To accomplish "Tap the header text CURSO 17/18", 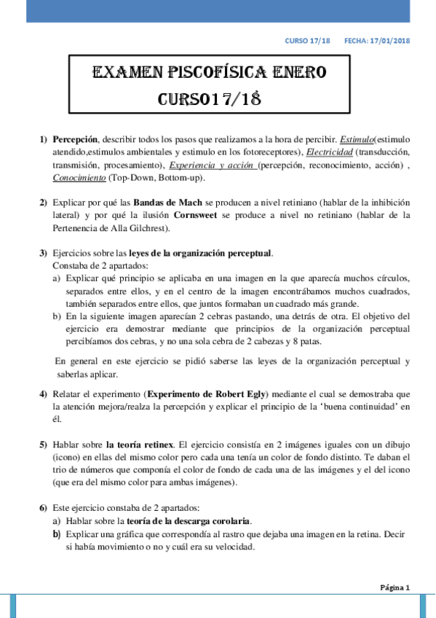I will (x=307, y=41).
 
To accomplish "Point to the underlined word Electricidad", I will (x=330, y=152).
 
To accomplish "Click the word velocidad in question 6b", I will (x=231, y=547).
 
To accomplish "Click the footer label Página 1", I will (x=396, y=587).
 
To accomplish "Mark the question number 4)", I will (x=43, y=394).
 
